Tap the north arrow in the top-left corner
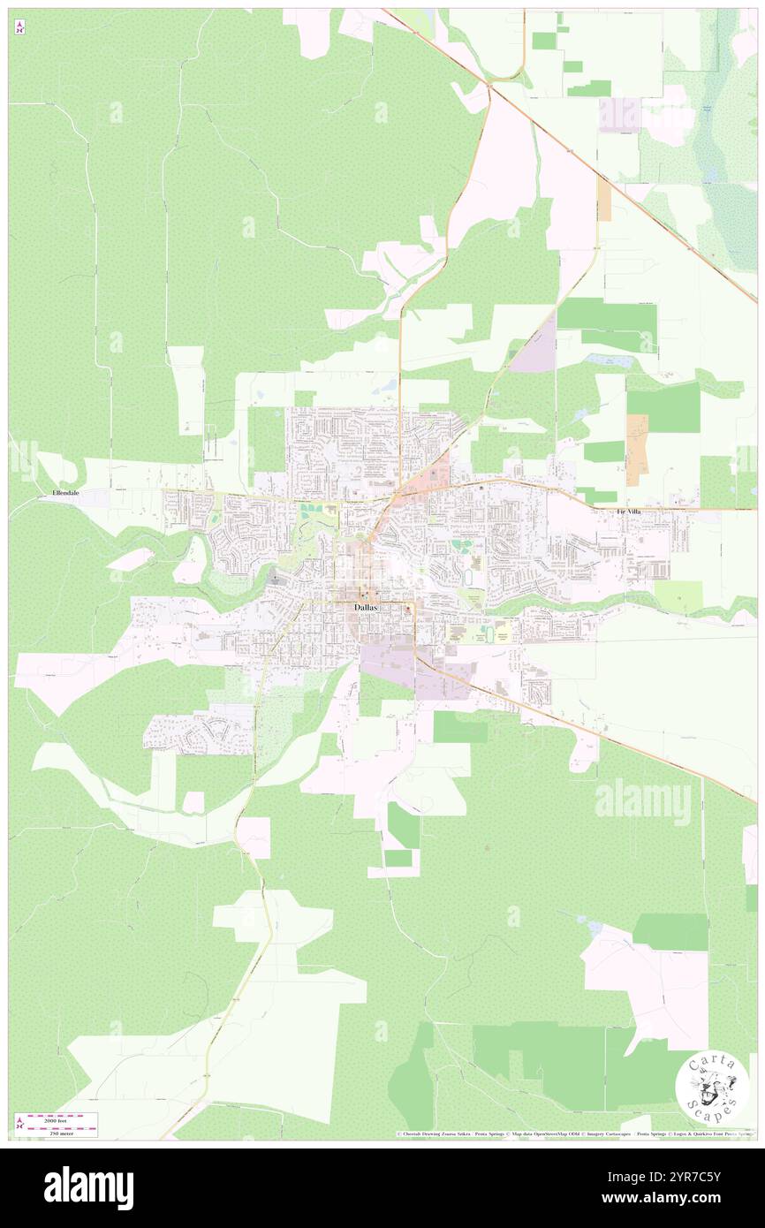click(x=19, y=27)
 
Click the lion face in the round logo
click(x=711, y=1088)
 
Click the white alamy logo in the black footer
click(x=88, y=1188)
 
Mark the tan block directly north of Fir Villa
click(x=636, y=450)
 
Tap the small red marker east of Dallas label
click(x=407, y=609)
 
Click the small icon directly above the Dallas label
click(x=362, y=594)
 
